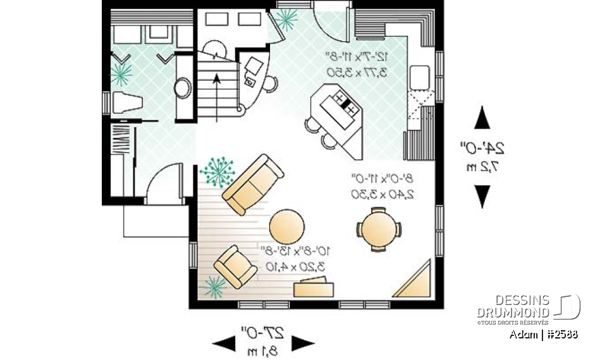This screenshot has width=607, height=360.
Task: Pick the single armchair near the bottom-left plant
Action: pos(235,266)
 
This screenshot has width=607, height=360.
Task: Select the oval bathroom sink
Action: pos(183,87)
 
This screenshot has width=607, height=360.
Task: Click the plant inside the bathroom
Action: pos(120,73)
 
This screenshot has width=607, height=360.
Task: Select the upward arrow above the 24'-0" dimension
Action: pos(482,118)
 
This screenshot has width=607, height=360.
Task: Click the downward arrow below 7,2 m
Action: pos(482,196)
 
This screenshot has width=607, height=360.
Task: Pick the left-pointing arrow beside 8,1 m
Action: pos(224,344)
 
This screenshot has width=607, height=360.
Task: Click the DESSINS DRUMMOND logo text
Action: pos(513,307)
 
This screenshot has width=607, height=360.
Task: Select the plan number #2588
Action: pos(560,335)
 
